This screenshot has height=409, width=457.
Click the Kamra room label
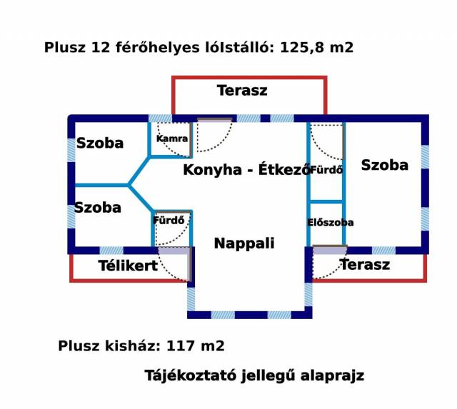tap(172, 138)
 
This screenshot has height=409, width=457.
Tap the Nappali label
tap(244, 243)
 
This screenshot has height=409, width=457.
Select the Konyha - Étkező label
tap(246, 170)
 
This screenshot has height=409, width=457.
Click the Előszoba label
tap(331, 223)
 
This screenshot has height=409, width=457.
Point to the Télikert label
tap(128, 266)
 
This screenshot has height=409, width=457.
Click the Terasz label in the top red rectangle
tap(242, 91)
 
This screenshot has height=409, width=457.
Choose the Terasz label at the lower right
tap(365, 265)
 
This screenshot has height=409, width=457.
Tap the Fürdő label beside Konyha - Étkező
tap(326, 170)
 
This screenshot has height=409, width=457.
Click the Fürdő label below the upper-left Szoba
tap(169, 220)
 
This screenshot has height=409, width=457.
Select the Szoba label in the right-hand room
tap(385, 165)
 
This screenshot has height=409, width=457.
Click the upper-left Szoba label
tap(100, 143)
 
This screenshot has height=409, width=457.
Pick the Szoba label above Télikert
tap(98, 208)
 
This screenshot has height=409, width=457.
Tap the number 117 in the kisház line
tap(181, 345)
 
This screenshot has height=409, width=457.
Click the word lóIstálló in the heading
tap(240, 48)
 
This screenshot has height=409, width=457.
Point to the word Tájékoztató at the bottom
tap(191, 375)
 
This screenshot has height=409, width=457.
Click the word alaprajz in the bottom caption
tap(332, 375)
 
